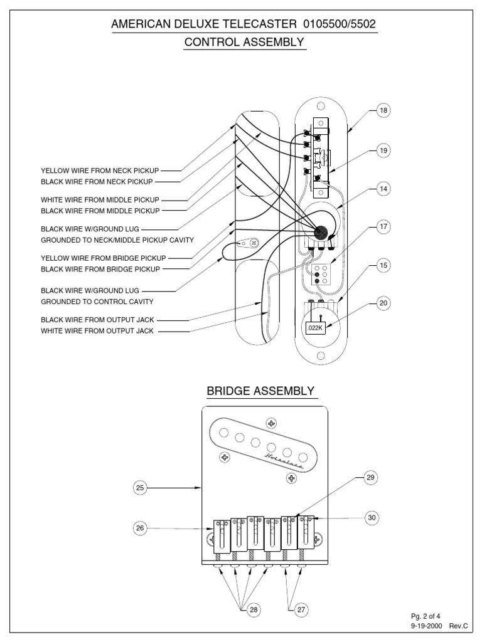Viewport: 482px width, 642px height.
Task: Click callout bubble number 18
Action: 383,111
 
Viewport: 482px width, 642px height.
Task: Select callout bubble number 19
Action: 383,150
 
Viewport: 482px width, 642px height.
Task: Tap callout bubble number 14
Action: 383,188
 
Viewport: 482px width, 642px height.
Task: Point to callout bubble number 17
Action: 383,227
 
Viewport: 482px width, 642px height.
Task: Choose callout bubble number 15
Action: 383,266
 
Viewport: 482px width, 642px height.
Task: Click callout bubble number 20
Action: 383,303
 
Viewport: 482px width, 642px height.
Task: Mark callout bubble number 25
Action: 140,487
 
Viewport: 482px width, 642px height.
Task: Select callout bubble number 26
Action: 140,528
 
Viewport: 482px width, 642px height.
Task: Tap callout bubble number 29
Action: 370,478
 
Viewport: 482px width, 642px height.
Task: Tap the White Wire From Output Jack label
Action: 97,331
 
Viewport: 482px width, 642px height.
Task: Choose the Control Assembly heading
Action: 244,42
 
